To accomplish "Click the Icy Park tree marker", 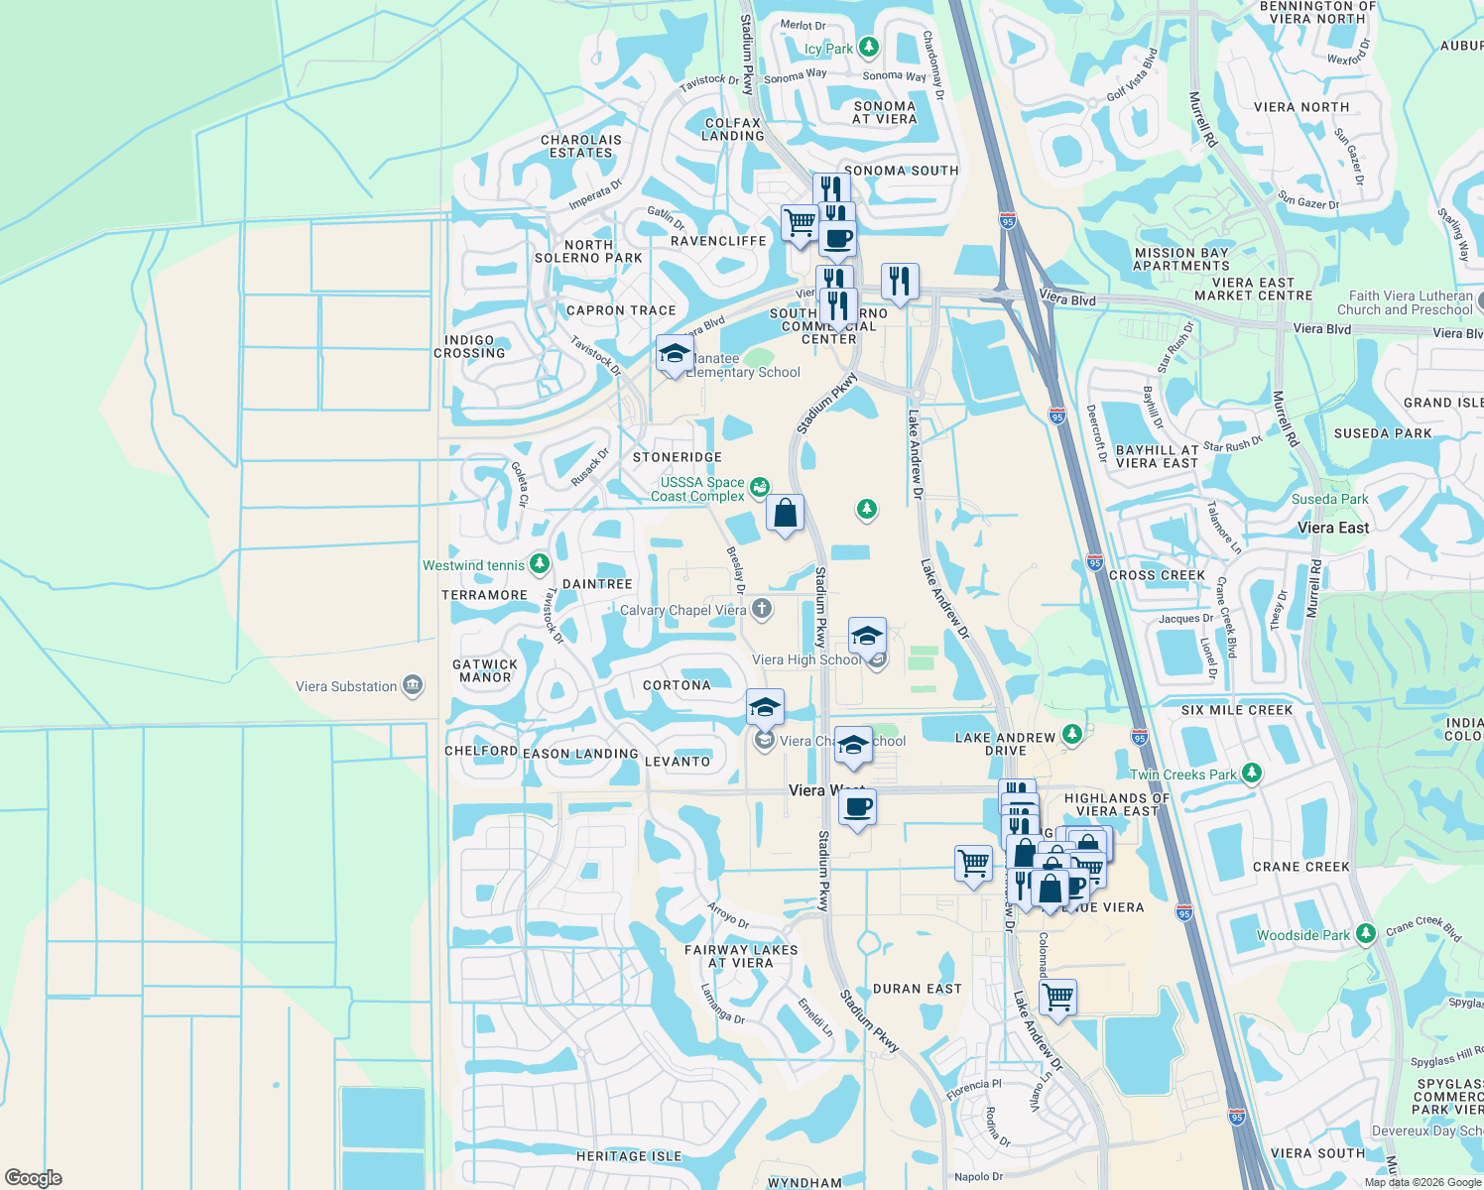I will pyautogui.click(x=869, y=48).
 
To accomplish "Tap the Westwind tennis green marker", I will pyautogui.click(x=540, y=565).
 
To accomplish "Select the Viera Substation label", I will pyautogui.click(x=346, y=686).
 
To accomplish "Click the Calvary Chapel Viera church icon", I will pyautogui.click(x=762, y=609).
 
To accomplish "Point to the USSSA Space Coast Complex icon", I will pyautogui.click(x=759, y=487).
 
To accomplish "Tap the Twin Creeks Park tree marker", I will pyautogui.click(x=1252, y=773).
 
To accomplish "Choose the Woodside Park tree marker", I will pyautogui.click(x=1366, y=934).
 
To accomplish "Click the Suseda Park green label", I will pyautogui.click(x=1329, y=499).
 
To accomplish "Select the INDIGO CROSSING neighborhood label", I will pyautogui.click(x=469, y=346).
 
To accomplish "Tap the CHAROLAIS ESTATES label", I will pyautogui.click(x=581, y=146).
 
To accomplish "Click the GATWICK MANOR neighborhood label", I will pyautogui.click(x=485, y=671).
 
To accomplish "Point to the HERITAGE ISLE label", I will pyautogui.click(x=629, y=1156).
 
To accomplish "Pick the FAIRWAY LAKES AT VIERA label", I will pyautogui.click(x=741, y=956).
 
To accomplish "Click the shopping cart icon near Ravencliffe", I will pyautogui.click(x=800, y=222).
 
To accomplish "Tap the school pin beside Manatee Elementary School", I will pyautogui.click(x=675, y=354).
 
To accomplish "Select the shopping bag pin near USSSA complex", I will pyautogui.click(x=785, y=514).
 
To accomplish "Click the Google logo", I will pyautogui.click(x=34, y=1178).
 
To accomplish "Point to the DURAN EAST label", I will pyautogui.click(x=917, y=989).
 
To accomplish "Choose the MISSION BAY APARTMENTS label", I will pyautogui.click(x=1181, y=260).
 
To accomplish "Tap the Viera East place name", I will pyautogui.click(x=1333, y=528).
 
